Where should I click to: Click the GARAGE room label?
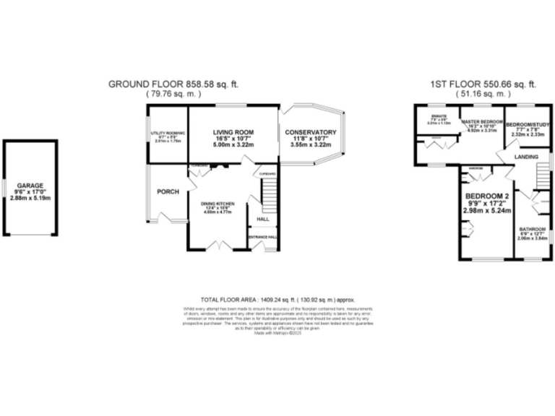(30, 185)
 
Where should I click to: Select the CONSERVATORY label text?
(311, 133)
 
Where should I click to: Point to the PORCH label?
(168, 191)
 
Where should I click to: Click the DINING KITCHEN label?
(218, 204)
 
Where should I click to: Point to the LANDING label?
(527, 156)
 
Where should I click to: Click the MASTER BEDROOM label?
(482, 122)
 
